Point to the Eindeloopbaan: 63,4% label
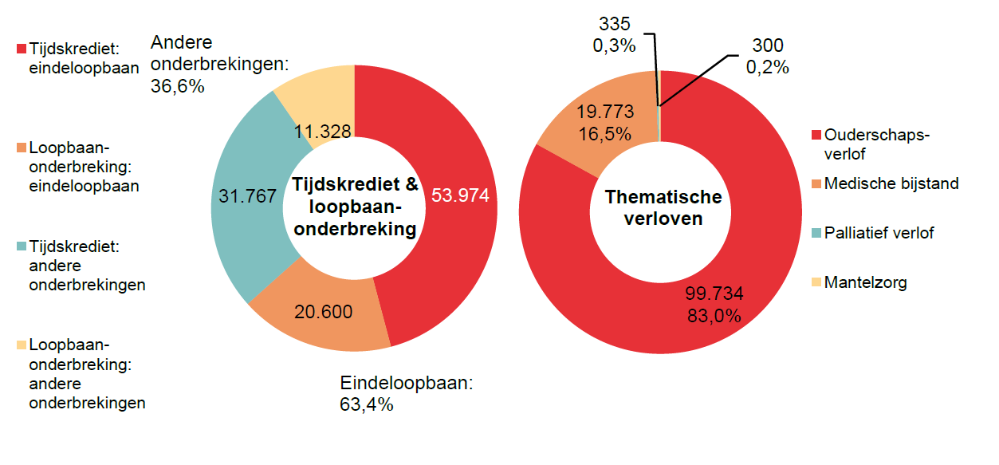point(407,393)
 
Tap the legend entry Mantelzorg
point(865,282)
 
